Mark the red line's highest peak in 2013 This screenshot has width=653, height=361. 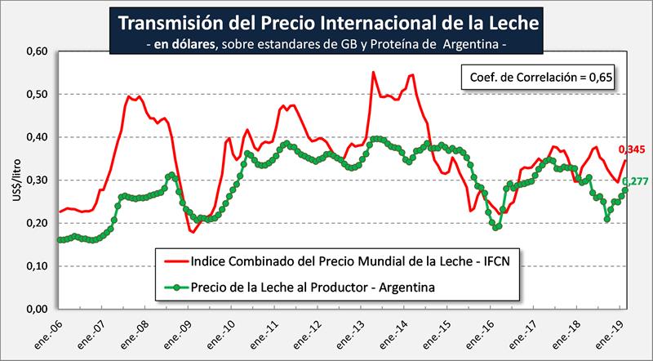click(373, 73)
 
